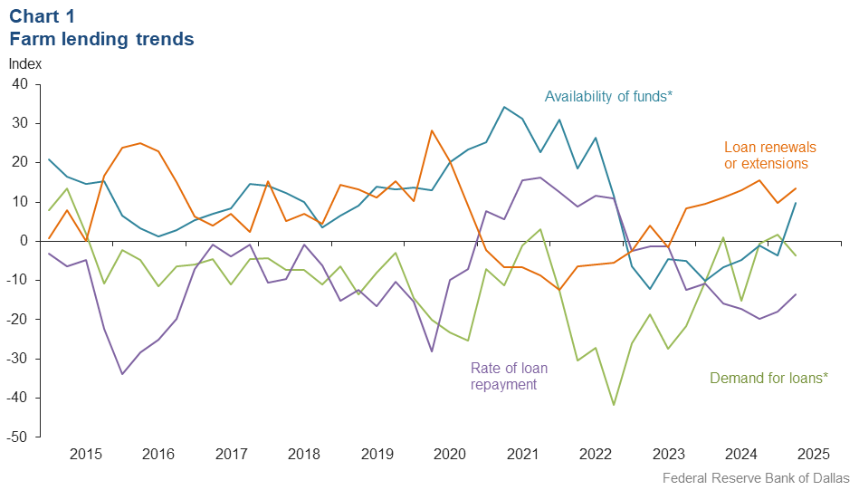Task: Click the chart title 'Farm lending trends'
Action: coord(101,39)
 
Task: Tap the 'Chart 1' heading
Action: coord(43,15)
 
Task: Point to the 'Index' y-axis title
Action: coord(24,64)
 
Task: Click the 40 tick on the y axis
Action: coord(20,84)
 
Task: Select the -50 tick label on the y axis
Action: coord(17,437)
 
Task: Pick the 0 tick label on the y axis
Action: coord(24,241)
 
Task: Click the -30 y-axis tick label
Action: coord(17,359)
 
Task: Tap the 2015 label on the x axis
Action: coord(85,454)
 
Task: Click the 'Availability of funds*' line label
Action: coord(608,96)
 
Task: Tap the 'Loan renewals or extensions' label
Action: coord(769,155)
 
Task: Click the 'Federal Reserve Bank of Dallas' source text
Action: coord(756,477)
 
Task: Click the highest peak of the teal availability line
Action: coord(504,107)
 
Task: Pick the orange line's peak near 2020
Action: coord(432,130)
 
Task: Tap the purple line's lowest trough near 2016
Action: coord(122,374)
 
